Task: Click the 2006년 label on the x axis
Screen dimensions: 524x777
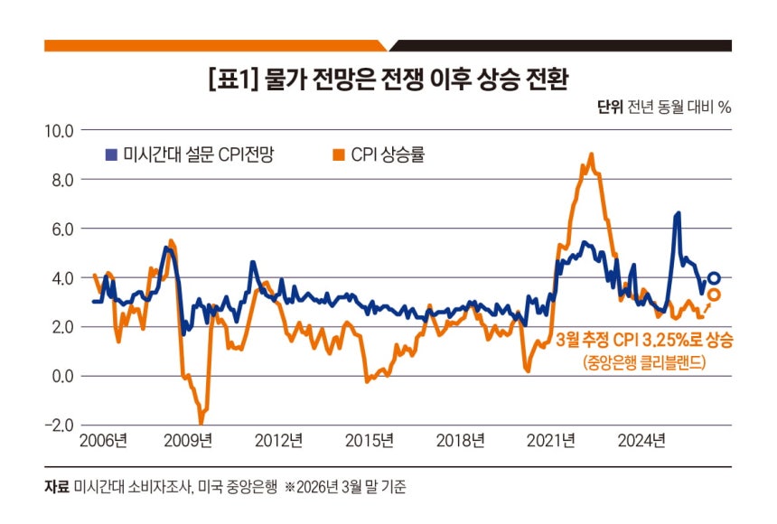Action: pyautogui.click(x=104, y=441)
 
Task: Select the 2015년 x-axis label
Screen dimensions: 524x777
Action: pyautogui.click(x=370, y=441)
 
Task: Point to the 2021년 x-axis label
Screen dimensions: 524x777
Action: pyautogui.click(x=551, y=441)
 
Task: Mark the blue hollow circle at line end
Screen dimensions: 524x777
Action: pyautogui.click(x=714, y=278)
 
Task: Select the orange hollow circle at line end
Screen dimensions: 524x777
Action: pyautogui.click(x=714, y=295)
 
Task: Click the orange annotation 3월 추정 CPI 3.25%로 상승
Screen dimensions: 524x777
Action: pyautogui.click(x=644, y=342)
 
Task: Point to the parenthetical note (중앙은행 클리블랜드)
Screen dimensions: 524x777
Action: pyautogui.click(x=644, y=363)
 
